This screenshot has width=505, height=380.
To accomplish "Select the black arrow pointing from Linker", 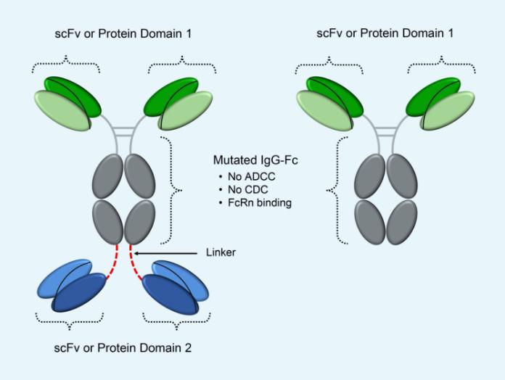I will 167,252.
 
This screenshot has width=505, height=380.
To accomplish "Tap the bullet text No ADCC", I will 247,177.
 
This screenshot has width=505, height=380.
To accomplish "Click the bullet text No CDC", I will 244,190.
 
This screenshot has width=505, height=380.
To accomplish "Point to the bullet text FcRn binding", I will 258,203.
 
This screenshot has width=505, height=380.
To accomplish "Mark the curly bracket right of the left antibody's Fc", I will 171,191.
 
